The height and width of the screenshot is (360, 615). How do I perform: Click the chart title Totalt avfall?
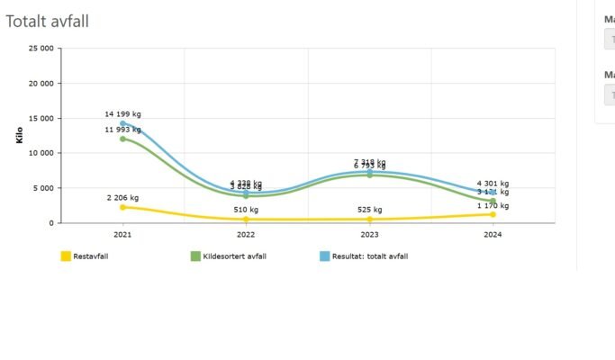[x=47, y=20]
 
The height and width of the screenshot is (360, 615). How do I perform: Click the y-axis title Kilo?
[x=20, y=135]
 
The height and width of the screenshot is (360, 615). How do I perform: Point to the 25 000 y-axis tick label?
[x=41, y=49]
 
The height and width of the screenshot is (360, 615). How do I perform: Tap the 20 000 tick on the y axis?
[x=41, y=84]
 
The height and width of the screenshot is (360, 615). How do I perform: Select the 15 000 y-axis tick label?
[x=41, y=119]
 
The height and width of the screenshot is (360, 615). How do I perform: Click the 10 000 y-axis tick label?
[x=41, y=153]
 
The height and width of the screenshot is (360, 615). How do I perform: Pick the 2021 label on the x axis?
[x=122, y=235]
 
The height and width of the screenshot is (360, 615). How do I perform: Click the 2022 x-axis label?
[x=246, y=235]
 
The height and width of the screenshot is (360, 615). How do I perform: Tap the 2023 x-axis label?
[x=369, y=235]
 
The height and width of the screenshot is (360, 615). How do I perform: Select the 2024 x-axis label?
[x=493, y=235]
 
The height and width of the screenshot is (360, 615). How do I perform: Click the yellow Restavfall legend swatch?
[x=66, y=256]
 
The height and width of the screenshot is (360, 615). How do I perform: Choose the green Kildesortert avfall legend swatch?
[x=195, y=256]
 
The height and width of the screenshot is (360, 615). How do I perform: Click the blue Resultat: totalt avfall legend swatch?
[x=325, y=256]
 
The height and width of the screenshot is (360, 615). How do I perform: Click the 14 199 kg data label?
[x=122, y=114]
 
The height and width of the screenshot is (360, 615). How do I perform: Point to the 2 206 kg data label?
[x=122, y=197]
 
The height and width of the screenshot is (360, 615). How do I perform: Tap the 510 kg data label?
[x=246, y=210]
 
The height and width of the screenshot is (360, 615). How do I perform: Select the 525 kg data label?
[x=369, y=210]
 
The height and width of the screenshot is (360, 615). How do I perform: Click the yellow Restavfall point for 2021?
[x=122, y=207]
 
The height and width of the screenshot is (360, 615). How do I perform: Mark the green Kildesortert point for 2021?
[x=122, y=139]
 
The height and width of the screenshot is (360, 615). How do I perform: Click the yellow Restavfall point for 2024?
[x=493, y=214]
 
